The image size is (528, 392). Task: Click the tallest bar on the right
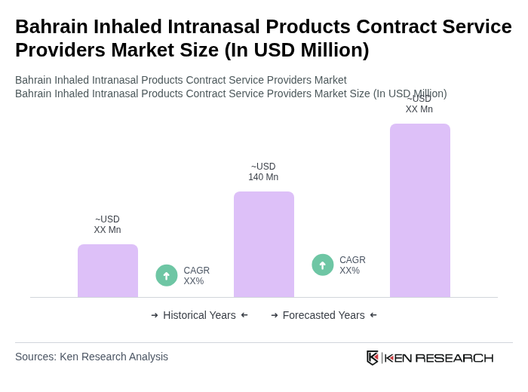pyautogui.click(x=419, y=210)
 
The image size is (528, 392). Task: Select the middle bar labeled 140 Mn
pyautogui.click(x=263, y=244)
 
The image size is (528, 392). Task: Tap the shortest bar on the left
pyautogui.click(x=107, y=271)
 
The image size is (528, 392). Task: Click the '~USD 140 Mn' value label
pyautogui.click(x=263, y=172)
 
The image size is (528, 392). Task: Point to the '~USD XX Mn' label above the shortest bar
pyautogui.click(x=107, y=225)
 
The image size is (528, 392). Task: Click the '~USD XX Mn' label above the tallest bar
pyautogui.click(x=419, y=104)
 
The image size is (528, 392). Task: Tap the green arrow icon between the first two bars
pyautogui.click(x=167, y=275)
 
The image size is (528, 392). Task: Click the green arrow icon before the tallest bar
pyautogui.click(x=323, y=265)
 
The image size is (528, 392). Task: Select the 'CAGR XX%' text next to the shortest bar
pyautogui.click(x=196, y=276)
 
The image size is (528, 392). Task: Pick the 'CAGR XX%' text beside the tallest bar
pyautogui.click(x=352, y=265)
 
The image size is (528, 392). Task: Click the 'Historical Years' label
pyautogui.click(x=199, y=315)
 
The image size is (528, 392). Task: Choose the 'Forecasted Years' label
pyautogui.click(x=324, y=315)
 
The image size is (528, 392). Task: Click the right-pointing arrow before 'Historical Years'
pyautogui.click(x=155, y=315)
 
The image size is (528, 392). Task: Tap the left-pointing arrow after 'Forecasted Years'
pyautogui.click(x=373, y=315)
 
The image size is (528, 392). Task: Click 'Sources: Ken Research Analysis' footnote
pyautogui.click(x=91, y=357)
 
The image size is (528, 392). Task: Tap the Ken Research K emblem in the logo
pyautogui.click(x=372, y=357)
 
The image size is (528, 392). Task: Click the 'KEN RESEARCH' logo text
pyautogui.click(x=439, y=358)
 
